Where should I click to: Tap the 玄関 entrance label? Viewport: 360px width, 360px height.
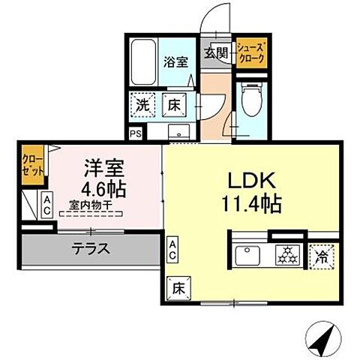point(217,52)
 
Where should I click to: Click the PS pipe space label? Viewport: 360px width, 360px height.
point(135,134)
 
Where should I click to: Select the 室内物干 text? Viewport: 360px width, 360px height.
point(90,202)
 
